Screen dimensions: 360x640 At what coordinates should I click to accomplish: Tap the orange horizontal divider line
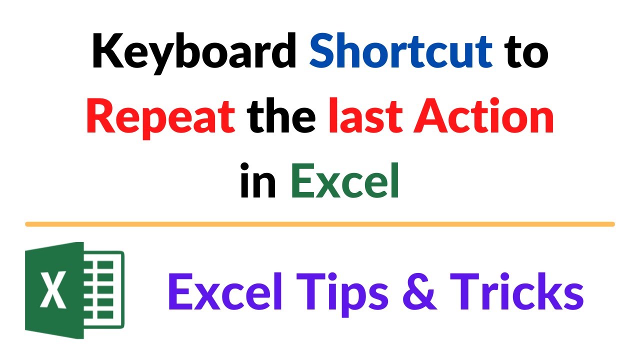tap(320, 224)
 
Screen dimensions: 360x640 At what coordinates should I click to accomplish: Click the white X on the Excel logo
tap(52, 290)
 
